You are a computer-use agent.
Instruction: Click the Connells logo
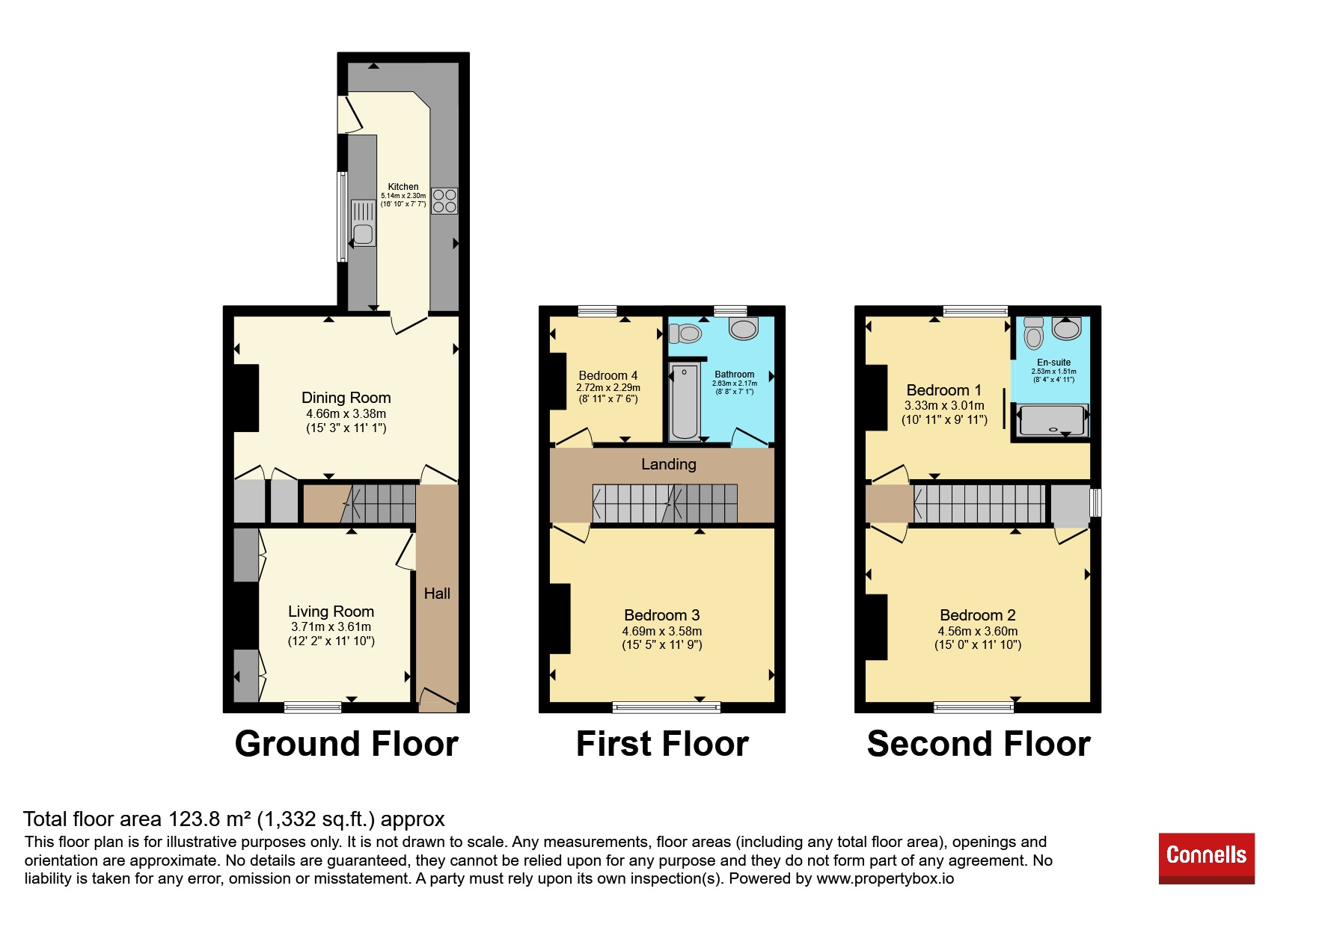coord(1206,858)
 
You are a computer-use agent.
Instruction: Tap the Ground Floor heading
coord(346,744)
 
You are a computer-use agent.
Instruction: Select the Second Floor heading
coord(979,744)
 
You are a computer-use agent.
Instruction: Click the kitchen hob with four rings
coord(444,200)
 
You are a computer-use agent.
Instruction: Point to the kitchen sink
coord(364,223)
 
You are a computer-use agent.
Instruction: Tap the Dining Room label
coord(346,398)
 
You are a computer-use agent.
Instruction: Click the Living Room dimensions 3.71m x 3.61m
coord(331,627)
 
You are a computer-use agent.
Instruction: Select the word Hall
coord(437,594)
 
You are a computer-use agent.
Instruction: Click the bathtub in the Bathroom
coord(685,401)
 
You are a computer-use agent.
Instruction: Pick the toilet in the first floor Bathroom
coord(685,333)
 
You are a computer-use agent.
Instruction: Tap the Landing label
coord(669,464)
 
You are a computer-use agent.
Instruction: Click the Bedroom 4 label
coord(608,375)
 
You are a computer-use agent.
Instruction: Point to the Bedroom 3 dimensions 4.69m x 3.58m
coord(662,631)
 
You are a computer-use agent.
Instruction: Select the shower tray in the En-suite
coord(1051,420)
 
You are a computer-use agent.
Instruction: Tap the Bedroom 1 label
coord(944,390)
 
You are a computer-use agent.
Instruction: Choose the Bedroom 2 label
coord(978,615)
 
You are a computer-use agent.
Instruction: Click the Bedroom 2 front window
coord(974,707)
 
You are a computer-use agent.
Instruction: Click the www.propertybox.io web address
coord(885,878)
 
